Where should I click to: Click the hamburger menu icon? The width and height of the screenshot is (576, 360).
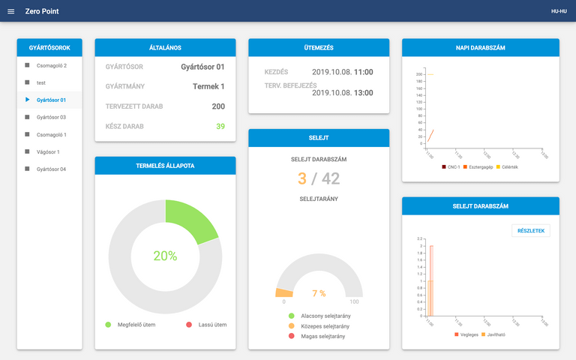(10, 11)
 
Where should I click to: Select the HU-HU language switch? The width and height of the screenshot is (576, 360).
(559, 11)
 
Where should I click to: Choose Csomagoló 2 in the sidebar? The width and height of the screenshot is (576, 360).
(51, 65)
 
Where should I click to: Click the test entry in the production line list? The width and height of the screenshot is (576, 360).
(41, 82)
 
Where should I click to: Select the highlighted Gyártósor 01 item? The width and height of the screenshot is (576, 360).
(51, 100)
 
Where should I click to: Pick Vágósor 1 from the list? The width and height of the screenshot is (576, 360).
(48, 151)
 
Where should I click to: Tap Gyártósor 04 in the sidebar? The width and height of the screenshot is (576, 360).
(51, 169)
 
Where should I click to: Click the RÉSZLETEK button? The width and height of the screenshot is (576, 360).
(530, 230)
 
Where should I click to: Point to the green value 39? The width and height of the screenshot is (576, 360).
(220, 126)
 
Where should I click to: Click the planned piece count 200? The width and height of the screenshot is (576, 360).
(218, 106)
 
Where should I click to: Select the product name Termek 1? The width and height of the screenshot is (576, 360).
(208, 86)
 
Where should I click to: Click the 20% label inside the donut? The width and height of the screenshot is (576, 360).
(165, 256)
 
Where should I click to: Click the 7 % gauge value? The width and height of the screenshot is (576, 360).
(319, 293)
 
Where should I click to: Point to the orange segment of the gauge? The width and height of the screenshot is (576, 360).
(284, 292)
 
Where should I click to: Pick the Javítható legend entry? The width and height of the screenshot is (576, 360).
(493, 334)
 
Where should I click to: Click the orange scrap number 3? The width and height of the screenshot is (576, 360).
(302, 178)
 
